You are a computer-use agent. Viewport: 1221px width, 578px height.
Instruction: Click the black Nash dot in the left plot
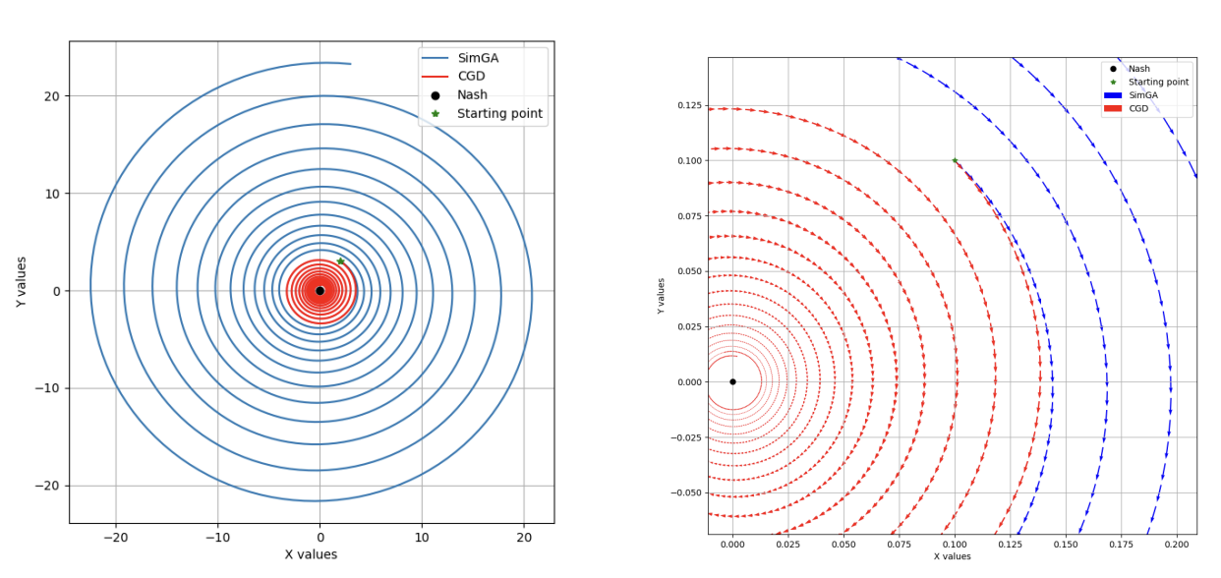pyautogui.click(x=320, y=291)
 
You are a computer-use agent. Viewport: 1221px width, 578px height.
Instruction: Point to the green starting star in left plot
pyautogui.click(x=340, y=261)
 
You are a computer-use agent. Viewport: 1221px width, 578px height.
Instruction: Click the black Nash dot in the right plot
pyautogui.click(x=732, y=381)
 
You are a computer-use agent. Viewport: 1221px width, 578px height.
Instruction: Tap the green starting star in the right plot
pyautogui.click(x=955, y=160)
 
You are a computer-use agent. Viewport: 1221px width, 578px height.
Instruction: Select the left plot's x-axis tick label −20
pyautogui.click(x=115, y=537)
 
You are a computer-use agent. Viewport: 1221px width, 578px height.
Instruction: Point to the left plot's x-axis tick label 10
pyautogui.click(x=422, y=537)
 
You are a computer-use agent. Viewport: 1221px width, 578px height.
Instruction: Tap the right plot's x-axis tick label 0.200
pyautogui.click(x=1177, y=543)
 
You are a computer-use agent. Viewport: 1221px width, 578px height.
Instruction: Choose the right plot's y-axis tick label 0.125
pyautogui.click(x=687, y=105)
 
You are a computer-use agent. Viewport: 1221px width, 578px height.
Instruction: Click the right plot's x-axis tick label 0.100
pyautogui.click(x=955, y=543)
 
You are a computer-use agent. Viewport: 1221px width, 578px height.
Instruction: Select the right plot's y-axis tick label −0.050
pyautogui.click(x=685, y=492)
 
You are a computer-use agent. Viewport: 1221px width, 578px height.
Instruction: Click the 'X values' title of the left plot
pyautogui.click(x=311, y=554)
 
